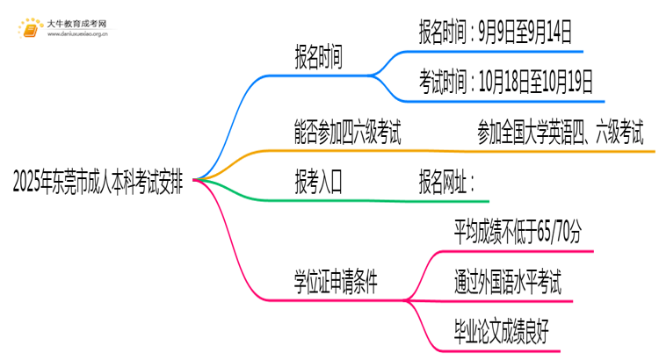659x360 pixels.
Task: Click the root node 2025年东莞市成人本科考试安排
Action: click(98, 184)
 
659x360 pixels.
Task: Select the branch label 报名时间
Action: click(318, 58)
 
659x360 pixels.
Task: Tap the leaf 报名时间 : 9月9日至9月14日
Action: click(496, 34)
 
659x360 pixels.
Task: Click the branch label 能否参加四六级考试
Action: click(348, 133)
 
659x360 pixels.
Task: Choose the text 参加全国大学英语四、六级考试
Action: click(561, 133)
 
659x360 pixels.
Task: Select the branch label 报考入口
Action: click(318, 184)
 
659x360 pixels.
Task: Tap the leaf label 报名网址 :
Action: click(447, 184)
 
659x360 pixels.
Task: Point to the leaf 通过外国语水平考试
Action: click(508, 284)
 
